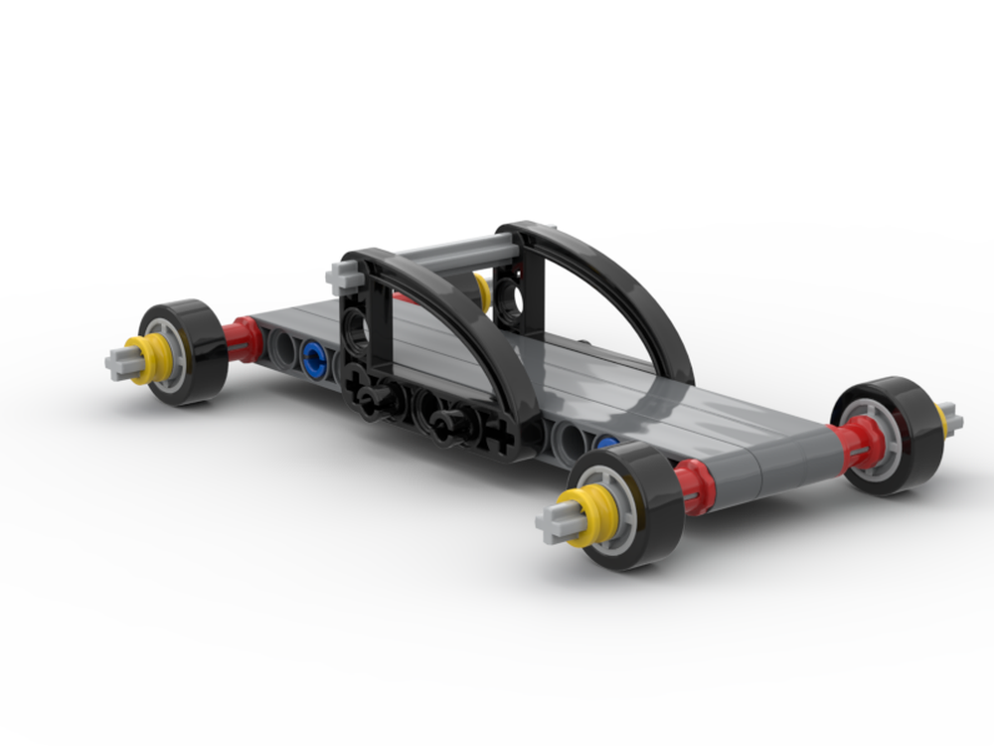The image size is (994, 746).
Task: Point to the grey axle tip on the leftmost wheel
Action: point(118,362)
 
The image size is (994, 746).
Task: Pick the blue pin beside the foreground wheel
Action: point(605,443)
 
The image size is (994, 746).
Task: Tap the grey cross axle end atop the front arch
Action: point(342,277)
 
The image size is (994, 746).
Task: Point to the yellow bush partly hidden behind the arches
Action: point(482,290)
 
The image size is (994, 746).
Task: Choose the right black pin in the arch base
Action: point(447,422)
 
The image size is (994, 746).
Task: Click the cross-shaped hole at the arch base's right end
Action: point(502,436)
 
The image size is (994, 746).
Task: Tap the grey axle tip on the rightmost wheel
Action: point(951,421)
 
